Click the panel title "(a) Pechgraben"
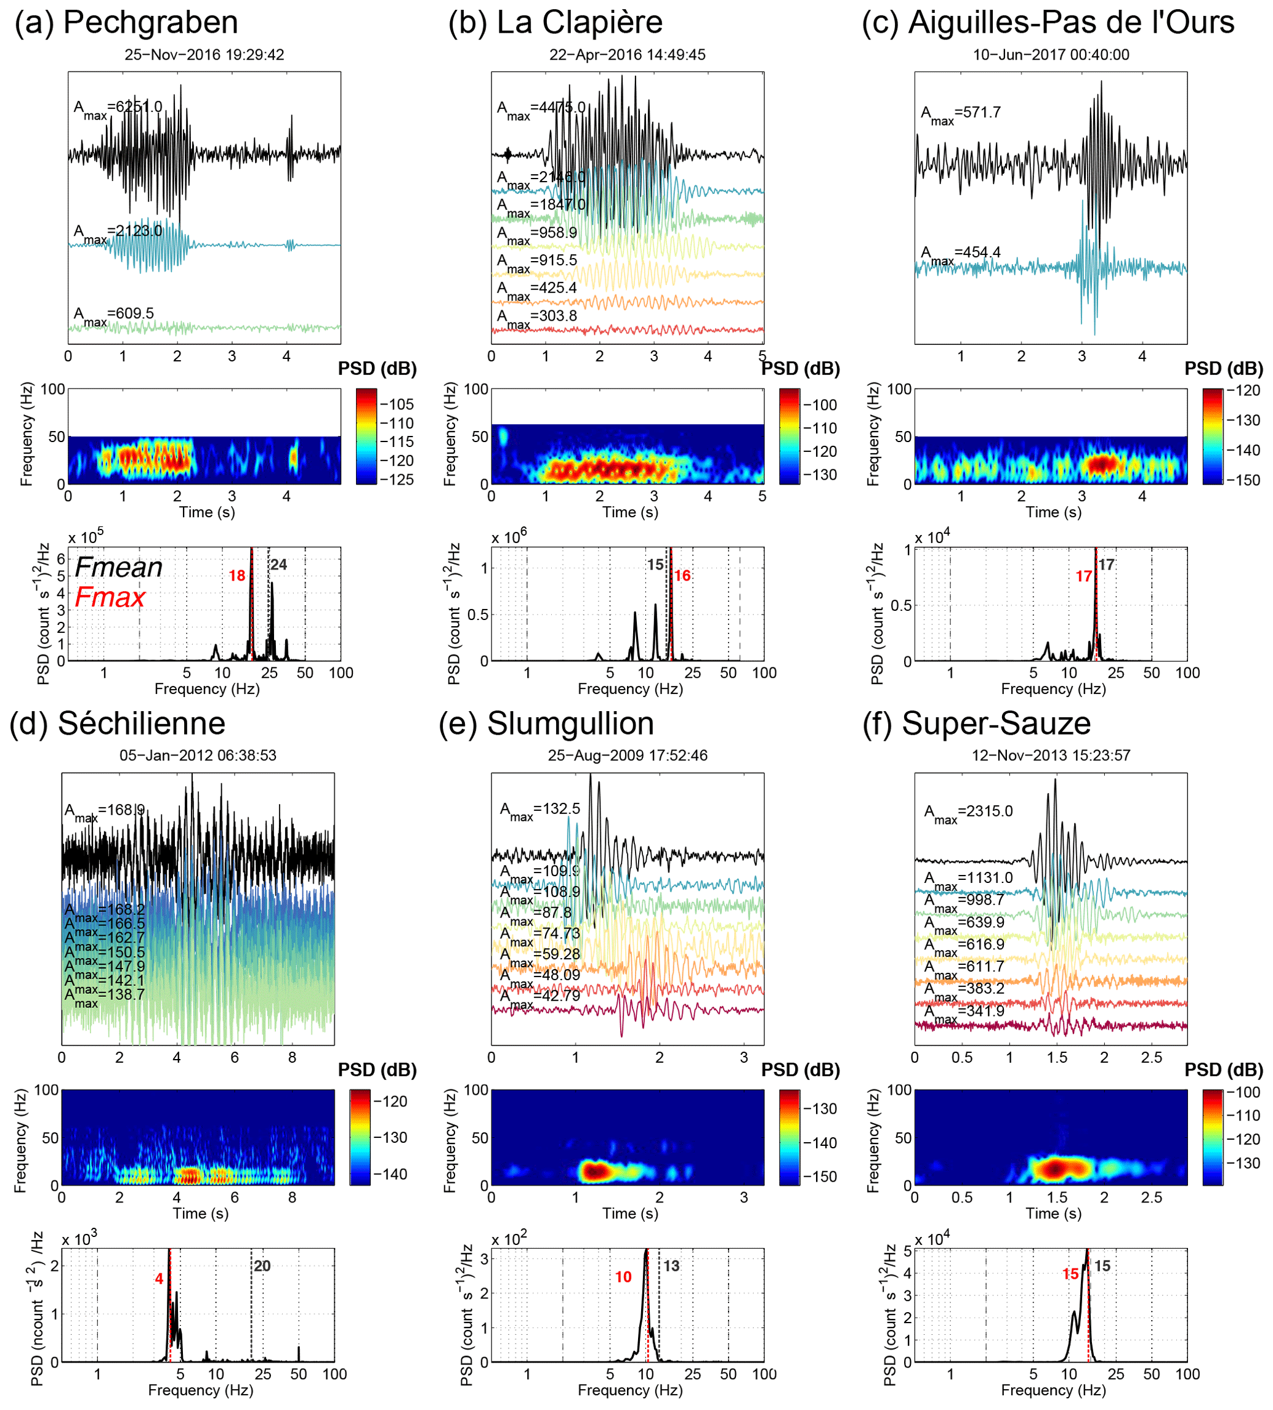click(x=126, y=22)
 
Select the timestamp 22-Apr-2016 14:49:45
click(x=627, y=55)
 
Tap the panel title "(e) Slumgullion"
click(x=546, y=724)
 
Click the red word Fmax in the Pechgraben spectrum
click(x=110, y=597)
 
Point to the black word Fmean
click(x=118, y=567)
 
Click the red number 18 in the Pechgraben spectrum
click(x=237, y=576)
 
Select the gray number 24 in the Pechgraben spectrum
click(x=278, y=565)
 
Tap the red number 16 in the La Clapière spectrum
click(x=682, y=576)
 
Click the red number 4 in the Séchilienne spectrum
click(x=159, y=1278)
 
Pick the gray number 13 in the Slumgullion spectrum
click(x=671, y=1266)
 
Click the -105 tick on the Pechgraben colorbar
click(x=397, y=405)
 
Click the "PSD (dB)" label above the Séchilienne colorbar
click(x=377, y=1070)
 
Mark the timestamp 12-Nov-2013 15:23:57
click(x=1051, y=755)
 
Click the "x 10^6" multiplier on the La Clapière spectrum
click(x=509, y=536)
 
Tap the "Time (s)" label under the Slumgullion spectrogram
click(x=629, y=1214)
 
